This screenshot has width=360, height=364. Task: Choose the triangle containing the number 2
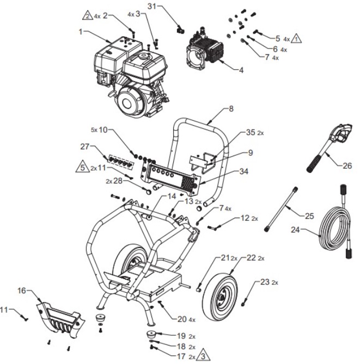[x=87, y=16]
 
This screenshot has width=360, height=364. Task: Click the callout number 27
[x=85, y=147]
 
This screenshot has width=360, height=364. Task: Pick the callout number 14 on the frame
[x=157, y=195]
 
